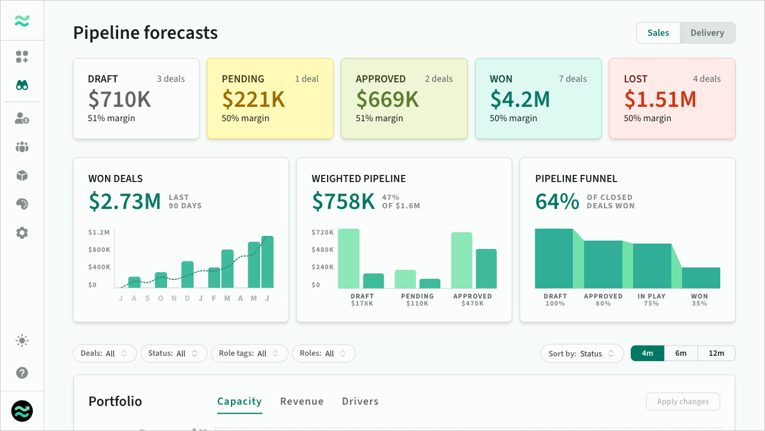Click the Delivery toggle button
(x=707, y=33)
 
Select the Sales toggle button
(x=658, y=33)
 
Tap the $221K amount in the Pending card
(x=253, y=99)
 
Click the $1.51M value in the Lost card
(x=660, y=99)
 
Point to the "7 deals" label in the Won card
(x=573, y=79)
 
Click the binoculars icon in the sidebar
(x=22, y=85)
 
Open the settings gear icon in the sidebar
(x=22, y=233)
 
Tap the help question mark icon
(x=22, y=373)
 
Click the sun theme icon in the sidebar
(x=22, y=341)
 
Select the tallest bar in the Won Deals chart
(x=267, y=262)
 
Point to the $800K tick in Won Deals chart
(x=99, y=250)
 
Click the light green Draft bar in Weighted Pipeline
(x=348, y=258)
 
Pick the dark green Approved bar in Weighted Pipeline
(x=486, y=269)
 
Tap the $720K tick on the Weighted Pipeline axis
(x=322, y=233)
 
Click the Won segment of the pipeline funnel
(x=701, y=278)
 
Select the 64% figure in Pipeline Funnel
(x=557, y=202)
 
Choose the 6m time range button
(x=681, y=353)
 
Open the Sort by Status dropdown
(x=582, y=353)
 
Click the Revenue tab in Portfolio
(x=302, y=401)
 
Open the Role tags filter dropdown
(x=249, y=353)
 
